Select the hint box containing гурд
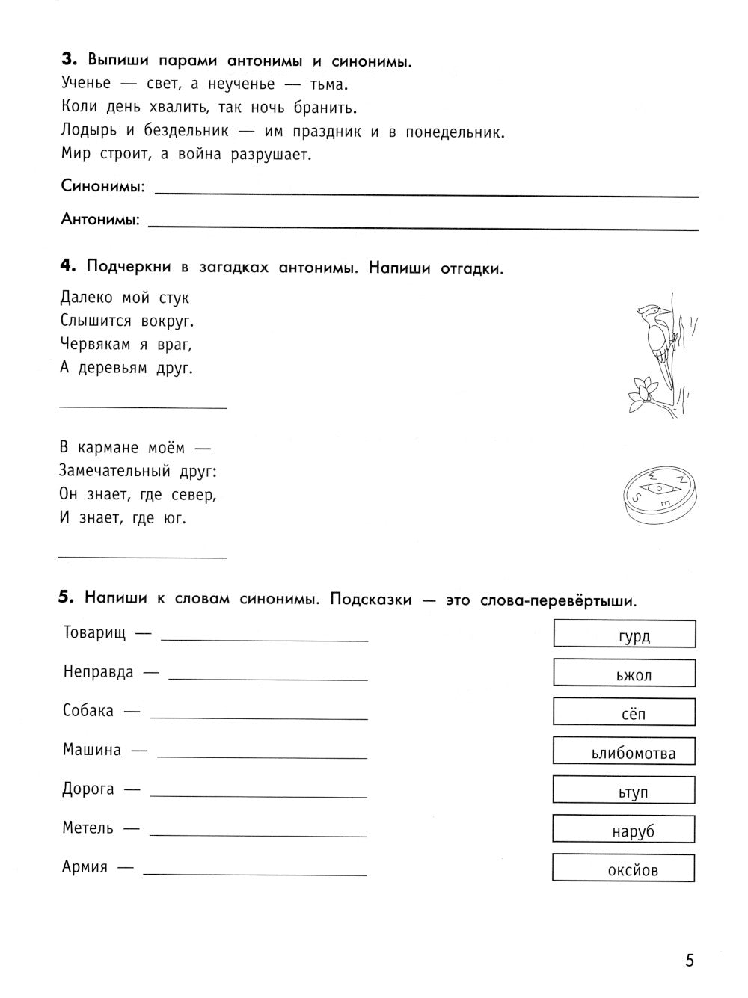click(625, 634)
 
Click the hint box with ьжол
click(625, 673)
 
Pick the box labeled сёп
click(625, 712)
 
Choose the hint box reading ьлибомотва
click(625, 751)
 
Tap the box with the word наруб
click(625, 829)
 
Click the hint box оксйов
click(625, 868)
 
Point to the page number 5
click(689, 961)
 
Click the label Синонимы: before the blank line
click(103, 187)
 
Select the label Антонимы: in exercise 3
click(100, 220)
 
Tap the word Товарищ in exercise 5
click(95, 632)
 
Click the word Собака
click(88, 711)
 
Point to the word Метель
click(88, 828)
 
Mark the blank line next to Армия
click(254, 875)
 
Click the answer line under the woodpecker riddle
click(142, 407)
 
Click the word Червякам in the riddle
click(92, 345)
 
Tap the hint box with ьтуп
click(625, 790)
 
